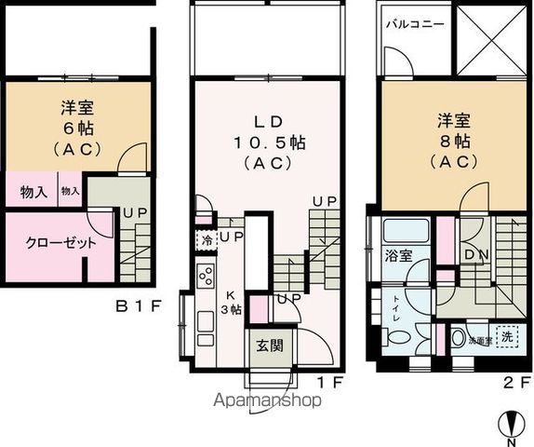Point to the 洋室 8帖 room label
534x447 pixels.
451,140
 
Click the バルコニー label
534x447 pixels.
414,23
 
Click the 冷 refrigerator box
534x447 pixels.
205,238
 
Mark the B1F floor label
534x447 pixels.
140,305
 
